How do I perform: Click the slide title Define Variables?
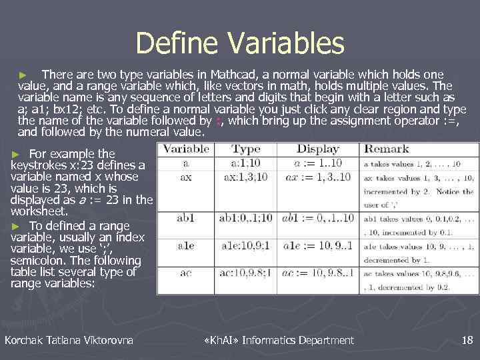(x=240, y=43)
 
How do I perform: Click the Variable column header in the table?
(x=186, y=149)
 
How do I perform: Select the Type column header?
(x=246, y=149)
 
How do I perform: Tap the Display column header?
(x=317, y=149)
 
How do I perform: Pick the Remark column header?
(x=387, y=149)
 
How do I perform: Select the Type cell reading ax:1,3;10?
(x=246, y=178)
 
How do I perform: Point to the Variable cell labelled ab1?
(x=186, y=217)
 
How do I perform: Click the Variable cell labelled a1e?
(x=186, y=245)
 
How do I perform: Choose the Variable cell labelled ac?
(x=186, y=273)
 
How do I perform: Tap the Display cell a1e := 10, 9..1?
(x=317, y=245)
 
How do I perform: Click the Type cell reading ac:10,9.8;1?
(x=246, y=273)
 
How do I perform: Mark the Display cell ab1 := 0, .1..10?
(x=317, y=217)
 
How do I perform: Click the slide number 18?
(x=467, y=341)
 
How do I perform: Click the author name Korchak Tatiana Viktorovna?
(x=69, y=341)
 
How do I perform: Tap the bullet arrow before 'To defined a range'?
(x=17, y=225)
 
